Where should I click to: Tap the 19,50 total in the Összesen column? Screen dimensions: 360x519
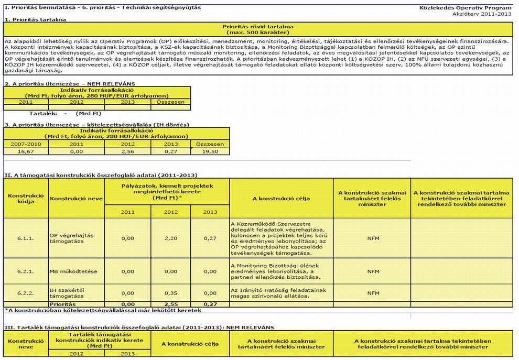[x=209, y=151]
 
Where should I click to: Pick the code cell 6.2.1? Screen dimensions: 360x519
[x=25, y=271]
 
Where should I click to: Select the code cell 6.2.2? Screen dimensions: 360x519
[x=25, y=292]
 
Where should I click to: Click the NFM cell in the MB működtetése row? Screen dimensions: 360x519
[x=373, y=271]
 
